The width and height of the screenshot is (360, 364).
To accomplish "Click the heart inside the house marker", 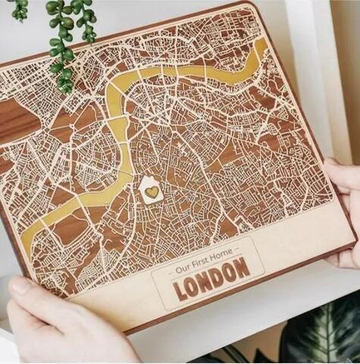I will pyautogui.click(x=152, y=192).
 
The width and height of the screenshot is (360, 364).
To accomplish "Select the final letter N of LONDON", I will pyautogui.click(x=242, y=266).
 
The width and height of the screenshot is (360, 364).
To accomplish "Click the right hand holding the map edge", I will pyautogui.click(x=345, y=212).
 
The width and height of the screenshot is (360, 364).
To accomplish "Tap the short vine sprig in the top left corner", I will pyautogui.click(x=19, y=9).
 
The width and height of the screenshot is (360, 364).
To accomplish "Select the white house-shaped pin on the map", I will pyautogui.click(x=152, y=190).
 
